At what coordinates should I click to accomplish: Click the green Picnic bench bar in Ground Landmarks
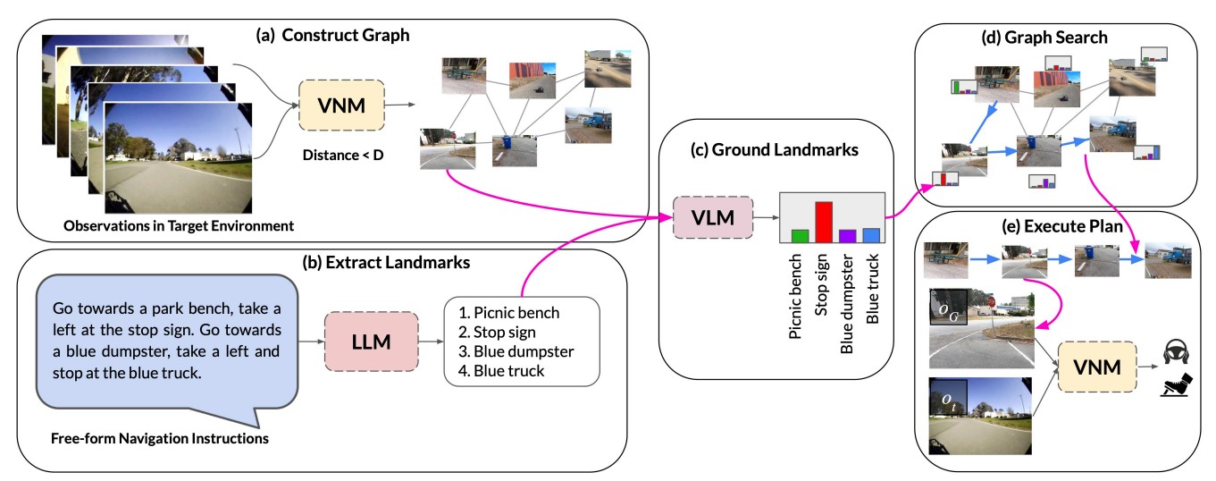(800, 236)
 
